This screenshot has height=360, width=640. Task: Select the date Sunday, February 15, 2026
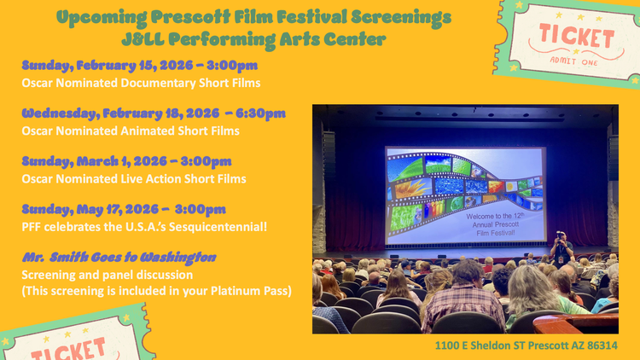click(102, 65)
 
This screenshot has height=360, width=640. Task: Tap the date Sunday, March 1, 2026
click(90, 160)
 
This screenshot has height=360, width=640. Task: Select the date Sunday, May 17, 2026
click(90, 209)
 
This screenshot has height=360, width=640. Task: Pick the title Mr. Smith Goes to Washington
click(119, 257)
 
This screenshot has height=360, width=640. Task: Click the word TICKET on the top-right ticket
click(575, 37)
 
